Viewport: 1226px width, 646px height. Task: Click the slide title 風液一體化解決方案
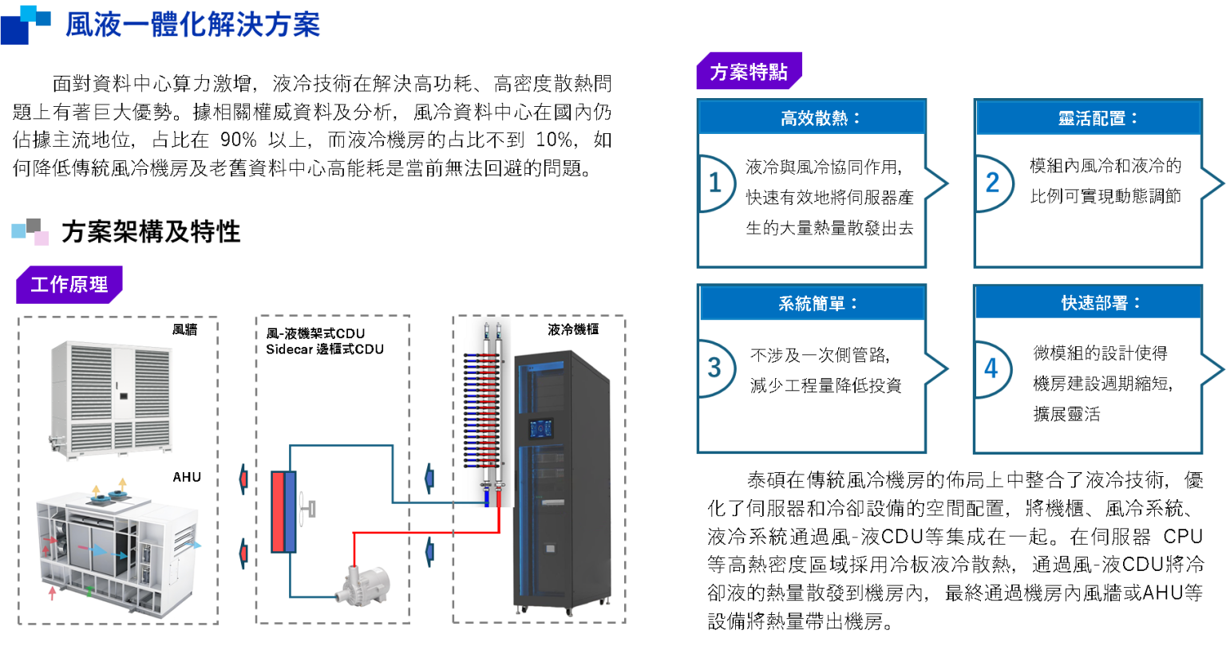(193, 26)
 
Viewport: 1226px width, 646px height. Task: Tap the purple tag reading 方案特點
(749, 72)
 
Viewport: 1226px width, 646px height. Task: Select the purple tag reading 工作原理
(69, 285)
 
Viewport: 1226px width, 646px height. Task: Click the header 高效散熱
(812, 119)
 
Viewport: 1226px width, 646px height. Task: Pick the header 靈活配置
(1089, 119)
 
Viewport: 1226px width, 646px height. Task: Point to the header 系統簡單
(812, 304)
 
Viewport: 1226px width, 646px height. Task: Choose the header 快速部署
(1089, 304)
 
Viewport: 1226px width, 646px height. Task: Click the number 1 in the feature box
(715, 183)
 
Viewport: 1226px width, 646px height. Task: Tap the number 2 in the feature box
(992, 183)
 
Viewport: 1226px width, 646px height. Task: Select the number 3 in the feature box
(714, 368)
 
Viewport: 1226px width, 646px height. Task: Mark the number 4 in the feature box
(991, 369)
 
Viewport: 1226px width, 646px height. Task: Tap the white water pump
(362, 586)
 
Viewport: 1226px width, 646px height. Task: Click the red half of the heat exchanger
(277, 511)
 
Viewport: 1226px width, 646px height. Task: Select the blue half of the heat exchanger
(291, 511)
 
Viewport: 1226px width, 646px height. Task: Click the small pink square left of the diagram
(42, 238)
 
